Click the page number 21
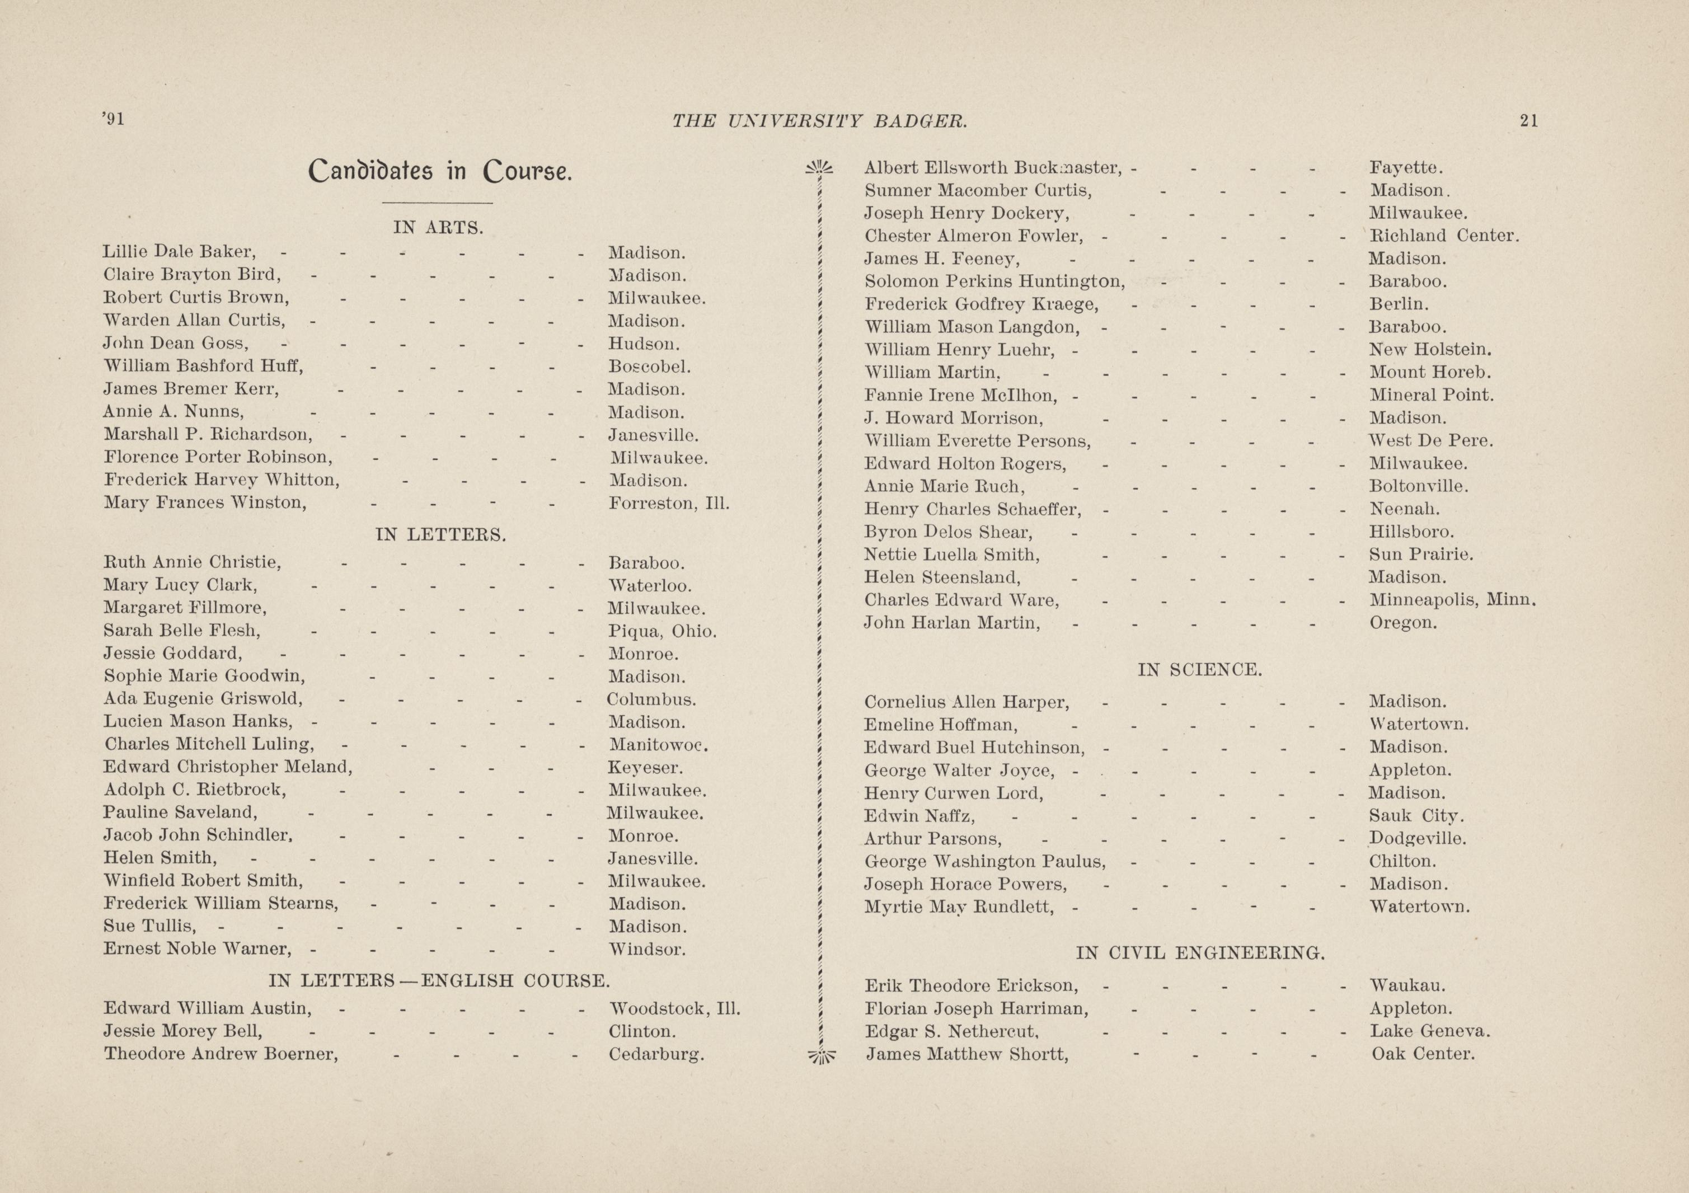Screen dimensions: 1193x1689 click(1528, 121)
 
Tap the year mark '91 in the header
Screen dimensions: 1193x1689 click(114, 119)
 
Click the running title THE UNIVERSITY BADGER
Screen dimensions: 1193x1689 click(819, 121)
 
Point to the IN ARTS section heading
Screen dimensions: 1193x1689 click(438, 228)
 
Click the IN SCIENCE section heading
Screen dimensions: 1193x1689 click(1200, 670)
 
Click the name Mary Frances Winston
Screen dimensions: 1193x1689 click(204, 503)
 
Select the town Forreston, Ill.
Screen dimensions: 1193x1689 click(669, 504)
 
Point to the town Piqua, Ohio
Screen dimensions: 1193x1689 click(662, 631)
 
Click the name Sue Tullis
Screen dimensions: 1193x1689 click(150, 926)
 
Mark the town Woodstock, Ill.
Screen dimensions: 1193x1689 click(674, 1008)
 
